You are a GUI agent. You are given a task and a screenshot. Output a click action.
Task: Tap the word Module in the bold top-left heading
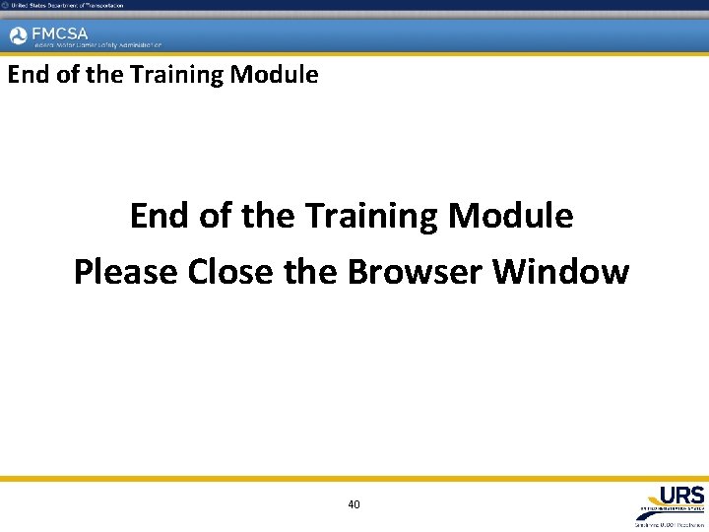coord(275,75)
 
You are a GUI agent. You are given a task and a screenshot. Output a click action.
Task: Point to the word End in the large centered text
coord(160,216)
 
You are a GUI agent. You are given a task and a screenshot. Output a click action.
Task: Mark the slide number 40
coord(354,504)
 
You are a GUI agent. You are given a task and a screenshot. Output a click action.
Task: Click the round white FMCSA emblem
coord(18,36)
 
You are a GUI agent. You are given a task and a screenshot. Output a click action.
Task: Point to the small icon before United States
coord(5,5)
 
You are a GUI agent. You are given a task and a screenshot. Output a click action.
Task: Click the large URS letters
coord(681,495)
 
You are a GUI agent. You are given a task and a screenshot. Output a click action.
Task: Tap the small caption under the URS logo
coord(671,523)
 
